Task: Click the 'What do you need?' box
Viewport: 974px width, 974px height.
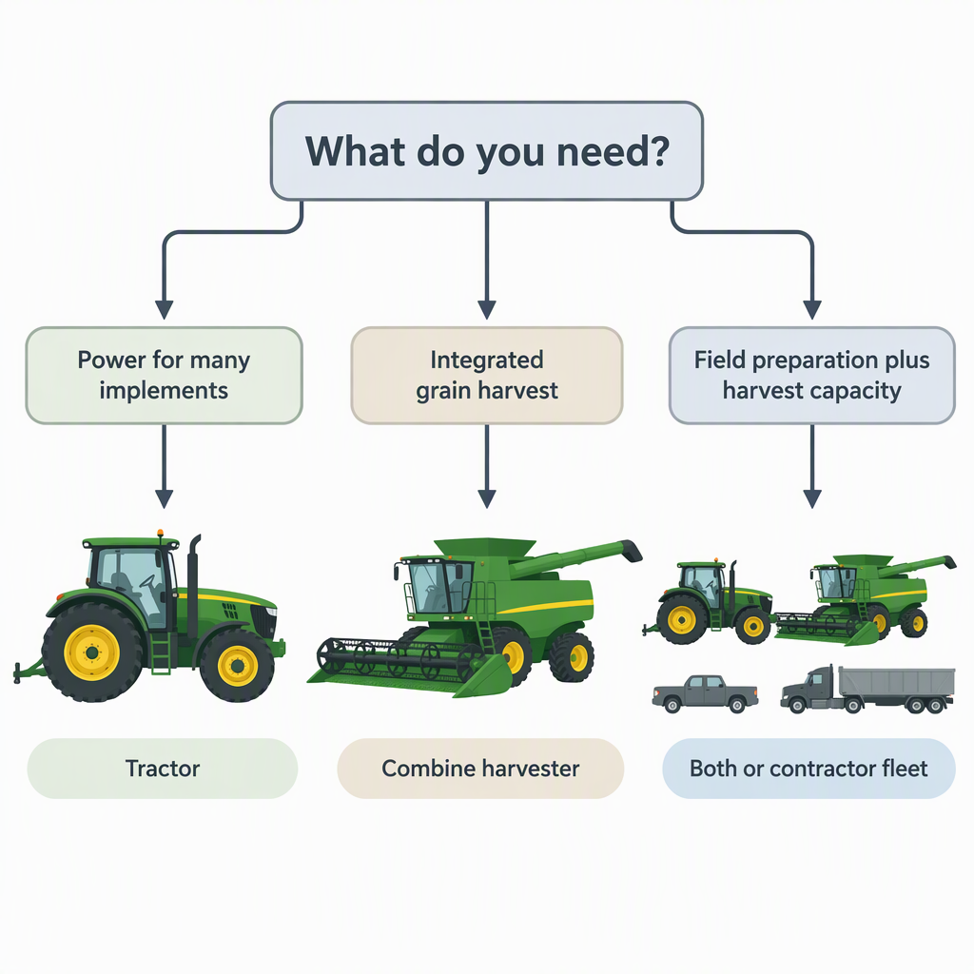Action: pyautogui.click(x=486, y=151)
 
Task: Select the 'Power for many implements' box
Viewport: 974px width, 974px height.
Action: pyautogui.click(x=164, y=375)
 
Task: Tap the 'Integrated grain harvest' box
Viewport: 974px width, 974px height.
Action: pyautogui.click(x=487, y=375)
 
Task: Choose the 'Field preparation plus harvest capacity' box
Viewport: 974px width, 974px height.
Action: pyautogui.click(x=812, y=375)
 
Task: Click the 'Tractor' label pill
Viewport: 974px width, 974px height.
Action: pyautogui.click(x=163, y=769)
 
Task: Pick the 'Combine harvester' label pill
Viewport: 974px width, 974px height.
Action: pyautogui.click(x=480, y=769)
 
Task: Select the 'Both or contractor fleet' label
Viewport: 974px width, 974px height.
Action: pyautogui.click(x=808, y=769)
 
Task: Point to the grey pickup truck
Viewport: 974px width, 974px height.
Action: pyautogui.click(x=705, y=693)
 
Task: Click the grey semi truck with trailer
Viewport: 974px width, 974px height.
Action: pyautogui.click(x=867, y=690)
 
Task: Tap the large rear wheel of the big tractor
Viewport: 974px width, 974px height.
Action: pyautogui.click(x=92, y=653)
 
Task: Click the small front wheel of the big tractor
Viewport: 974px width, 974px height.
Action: pyautogui.click(x=237, y=666)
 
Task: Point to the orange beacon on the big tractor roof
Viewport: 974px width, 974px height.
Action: pyautogui.click(x=160, y=533)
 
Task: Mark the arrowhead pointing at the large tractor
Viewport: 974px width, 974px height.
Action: pyautogui.click(x=164, y=498)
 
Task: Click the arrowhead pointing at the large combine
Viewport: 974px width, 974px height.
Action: pyautogui.click(x=487, y=498)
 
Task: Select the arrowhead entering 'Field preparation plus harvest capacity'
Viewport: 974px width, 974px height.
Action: pyautogui.click(x=812, y=309)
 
